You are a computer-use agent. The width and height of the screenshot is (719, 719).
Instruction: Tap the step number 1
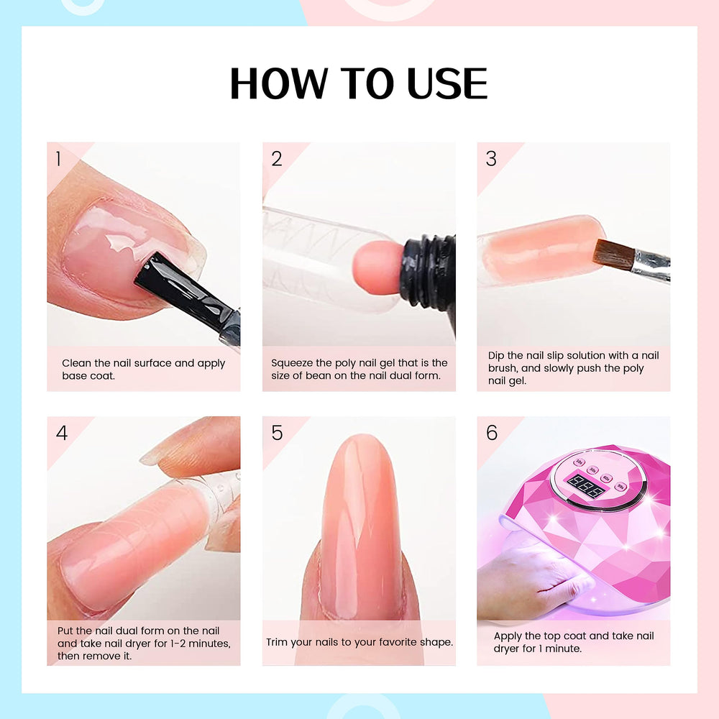tap(58, 159)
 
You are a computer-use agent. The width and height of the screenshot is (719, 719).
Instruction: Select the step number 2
tap(277, 159)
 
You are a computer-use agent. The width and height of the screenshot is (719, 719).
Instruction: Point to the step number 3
tap(491, 159)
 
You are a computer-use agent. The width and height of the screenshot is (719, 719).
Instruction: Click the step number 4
tap(62, 432)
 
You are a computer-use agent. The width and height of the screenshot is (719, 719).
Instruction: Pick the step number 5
tap(277, 432)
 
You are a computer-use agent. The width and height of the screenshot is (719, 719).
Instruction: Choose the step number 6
tap(492, 432)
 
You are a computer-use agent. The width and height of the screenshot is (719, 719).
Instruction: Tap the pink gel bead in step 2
tap(378, 267)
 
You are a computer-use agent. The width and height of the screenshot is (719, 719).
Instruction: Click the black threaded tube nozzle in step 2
tap(429, 273)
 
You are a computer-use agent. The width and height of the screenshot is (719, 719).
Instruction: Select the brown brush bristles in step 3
tap(613, 254)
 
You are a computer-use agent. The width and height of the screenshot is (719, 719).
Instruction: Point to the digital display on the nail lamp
tap(585, 486)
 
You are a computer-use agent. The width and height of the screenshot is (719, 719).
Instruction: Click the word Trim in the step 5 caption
tap(277, 642)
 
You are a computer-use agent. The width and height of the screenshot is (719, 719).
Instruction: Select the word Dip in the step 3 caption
tap(495, 355)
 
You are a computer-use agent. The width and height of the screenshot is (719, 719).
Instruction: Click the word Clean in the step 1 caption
tap(77, 363)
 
